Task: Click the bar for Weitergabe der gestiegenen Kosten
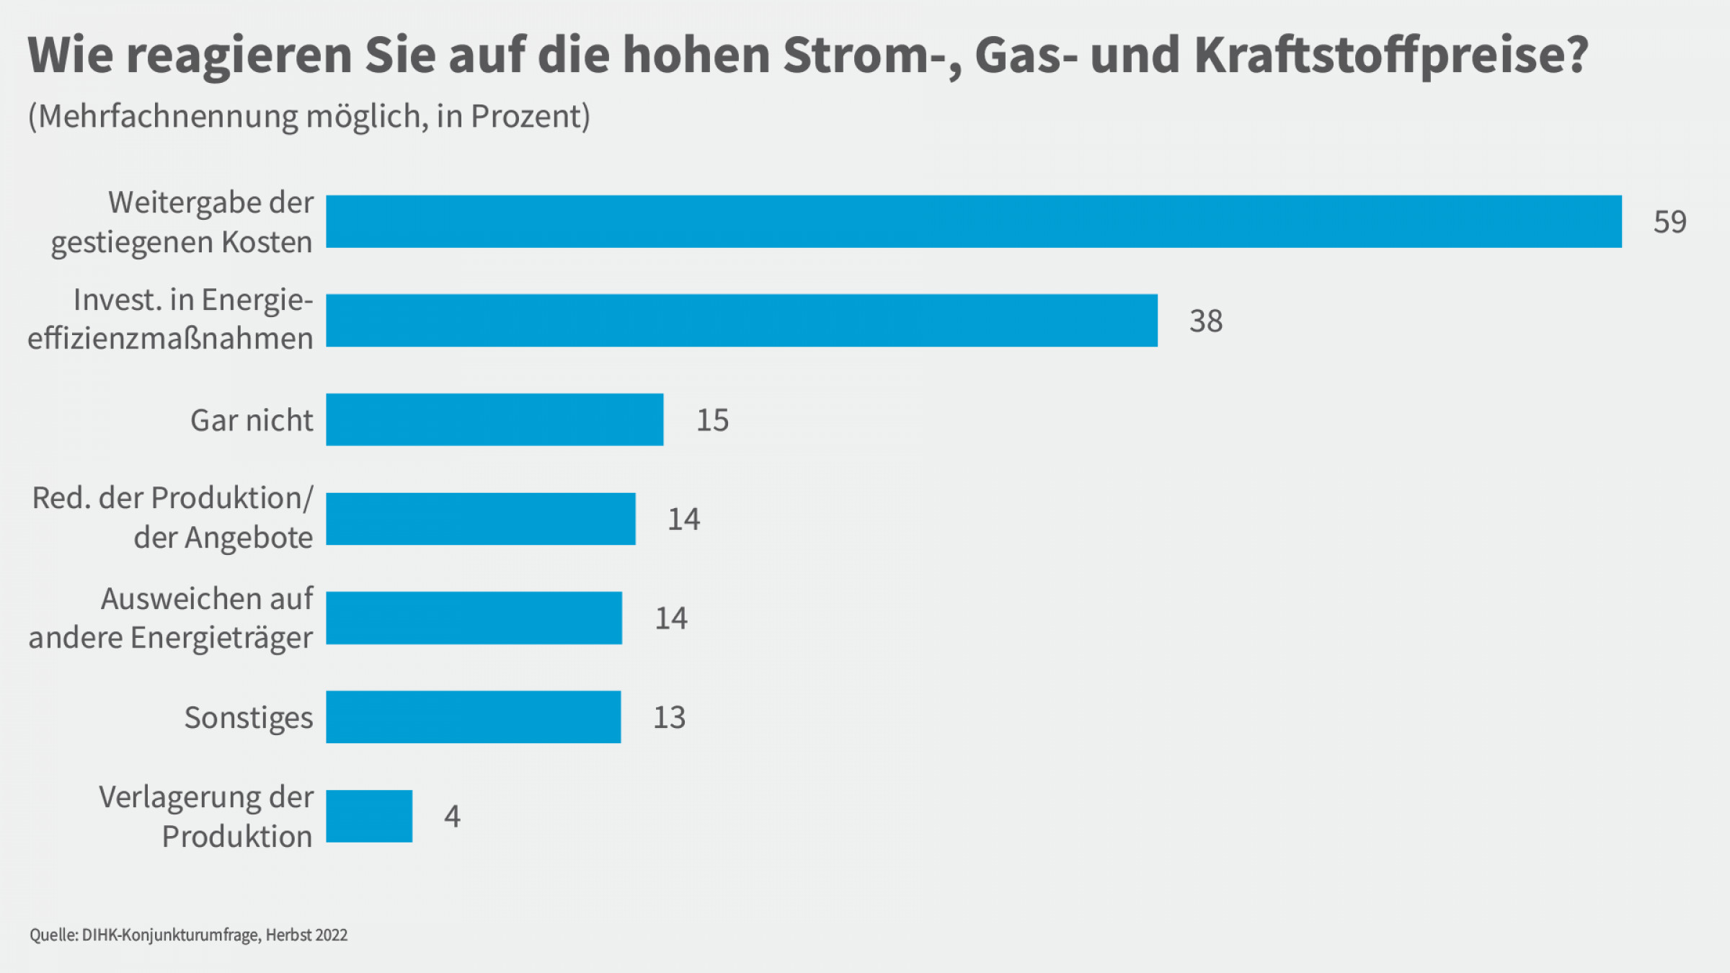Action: tap(973, 221)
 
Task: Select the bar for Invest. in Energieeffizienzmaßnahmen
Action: tap(741, 320)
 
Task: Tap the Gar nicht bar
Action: tap(494, 419)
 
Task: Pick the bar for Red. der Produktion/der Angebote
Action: tap(481, 519)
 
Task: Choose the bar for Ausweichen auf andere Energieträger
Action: tap(474, 618)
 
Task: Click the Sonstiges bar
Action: tap(473, 716)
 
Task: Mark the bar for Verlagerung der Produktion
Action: tap(369, 816)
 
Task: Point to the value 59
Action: tap(1669, 222)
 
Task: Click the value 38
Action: tap(1206, 321)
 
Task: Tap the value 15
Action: tap(712, 420)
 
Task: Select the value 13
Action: tap(669, 717)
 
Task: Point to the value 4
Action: tap(452, 817)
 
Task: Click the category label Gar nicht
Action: tap(252, 420)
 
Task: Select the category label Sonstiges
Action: tap(249, 718)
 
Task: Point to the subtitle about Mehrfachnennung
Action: tap(309, 116)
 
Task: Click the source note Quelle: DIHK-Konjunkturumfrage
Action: tap(188, 935)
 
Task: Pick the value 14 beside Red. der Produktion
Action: tap(683, 520)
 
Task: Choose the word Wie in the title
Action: tap(70, 55)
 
